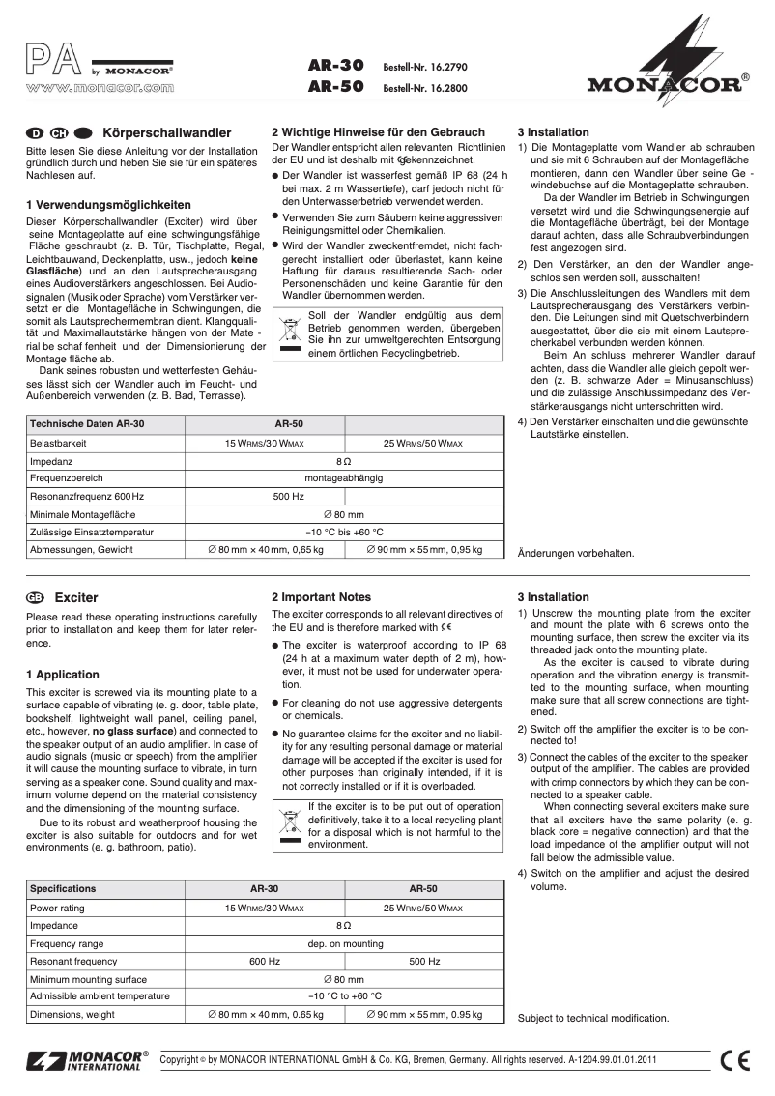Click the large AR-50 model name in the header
pyautogui.click(x=334, y=85)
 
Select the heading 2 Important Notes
pyautogui.click(x=321, y=597)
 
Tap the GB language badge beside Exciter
pyautogui.click(x=36, y=598)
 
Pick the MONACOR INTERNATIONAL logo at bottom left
pyautogui.click(x=89, y=1059)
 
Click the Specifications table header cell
pyautogui.click(x=64, y=888)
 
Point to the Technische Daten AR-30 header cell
pyautogui.click(x=87, y=424)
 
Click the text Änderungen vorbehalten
pyautogui.click(x=576, y=554)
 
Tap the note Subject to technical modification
pyautogui.click(x=592, y=1018)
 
